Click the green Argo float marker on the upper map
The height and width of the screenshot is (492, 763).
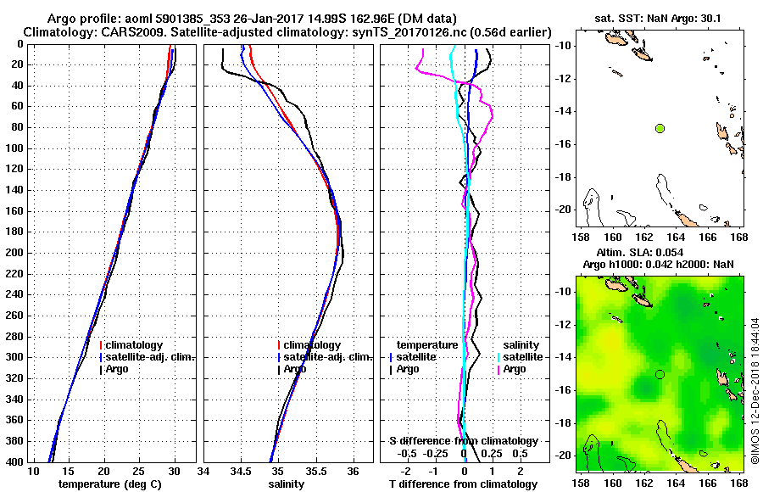coord(660,128)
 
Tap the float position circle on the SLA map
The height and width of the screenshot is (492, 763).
coord(660,374)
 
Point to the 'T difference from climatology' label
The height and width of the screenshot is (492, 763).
coord(463,484)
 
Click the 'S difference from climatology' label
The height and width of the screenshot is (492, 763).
coord(463,441)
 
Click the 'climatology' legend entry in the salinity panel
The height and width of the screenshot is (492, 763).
coord(312,345)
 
